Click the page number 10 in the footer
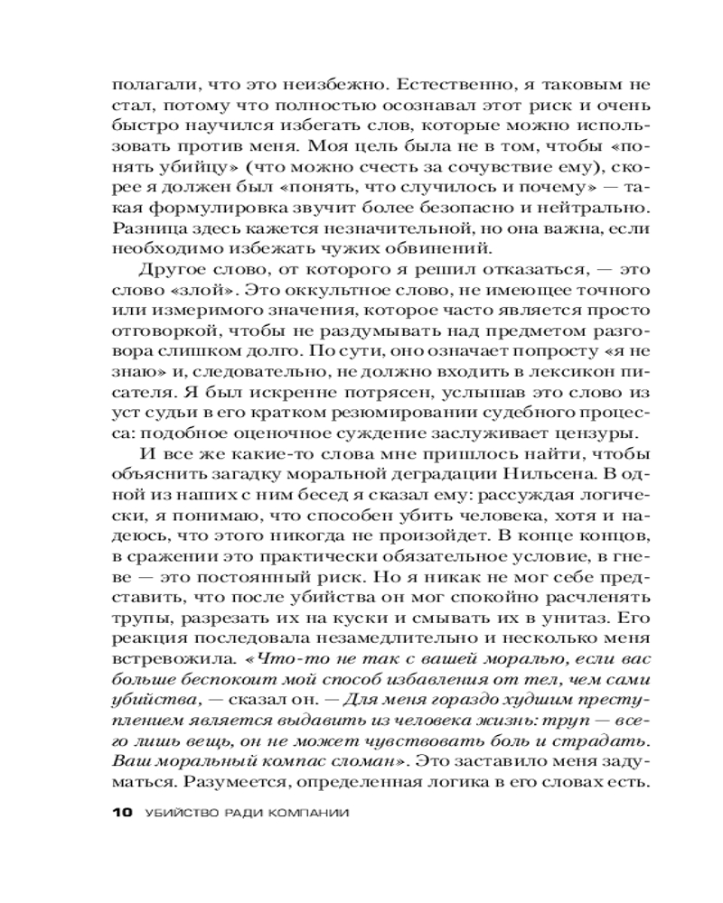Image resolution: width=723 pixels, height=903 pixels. (x=122, y=811)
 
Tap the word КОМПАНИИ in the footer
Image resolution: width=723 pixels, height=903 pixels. (x=305, y=811)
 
